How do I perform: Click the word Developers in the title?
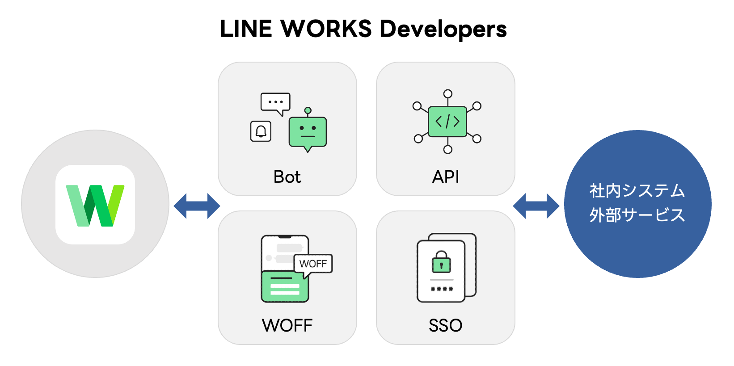[x=443, y=29]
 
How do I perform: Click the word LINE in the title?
[x=246, y=29]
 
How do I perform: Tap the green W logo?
[x=95, y=205]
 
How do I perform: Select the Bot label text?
[x=287, y=177]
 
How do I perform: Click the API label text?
[x=446, y=177]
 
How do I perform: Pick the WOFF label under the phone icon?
[x=287, y=325]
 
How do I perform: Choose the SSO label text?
[x=446, y=325]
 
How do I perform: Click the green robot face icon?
[x=308, y=132]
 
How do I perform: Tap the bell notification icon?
[x=261, y=131]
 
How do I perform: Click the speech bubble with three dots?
[x=275, y=102]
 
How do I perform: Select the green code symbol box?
[x=447, y=122]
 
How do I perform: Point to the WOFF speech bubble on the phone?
[x=313, y=264]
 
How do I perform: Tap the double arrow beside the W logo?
[x=197, y=206]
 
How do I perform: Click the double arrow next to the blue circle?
[x=536, y=206]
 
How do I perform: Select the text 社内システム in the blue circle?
[x=637, y=191]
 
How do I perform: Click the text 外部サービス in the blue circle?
[x=637, y=215]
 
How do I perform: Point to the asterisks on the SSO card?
[x=442, y=289]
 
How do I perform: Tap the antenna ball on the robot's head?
[x=308, y=110]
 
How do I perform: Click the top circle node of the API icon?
[x=448, y=94]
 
